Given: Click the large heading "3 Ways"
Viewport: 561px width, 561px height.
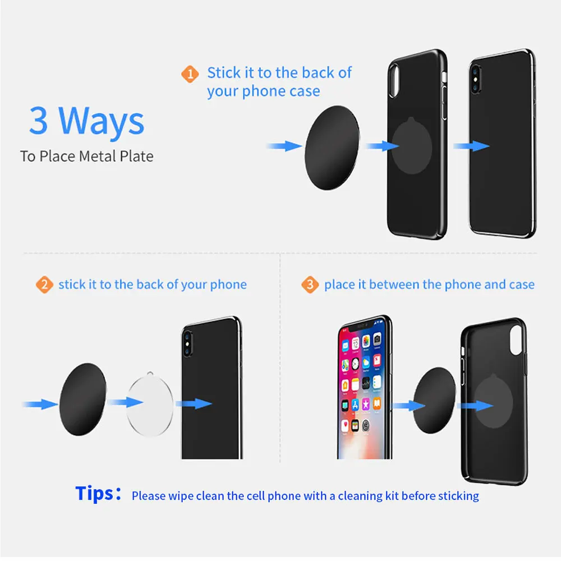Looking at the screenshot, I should coord(87,121).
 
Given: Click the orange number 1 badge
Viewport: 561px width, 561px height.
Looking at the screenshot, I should coord(190,74).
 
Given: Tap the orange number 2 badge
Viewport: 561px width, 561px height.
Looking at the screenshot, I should coord(44,285).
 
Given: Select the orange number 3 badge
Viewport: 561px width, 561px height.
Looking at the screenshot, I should coord(309,285).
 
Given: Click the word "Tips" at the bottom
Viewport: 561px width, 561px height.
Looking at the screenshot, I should coord(94,494).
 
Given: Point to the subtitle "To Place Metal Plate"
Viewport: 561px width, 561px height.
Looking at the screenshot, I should coord(87,156).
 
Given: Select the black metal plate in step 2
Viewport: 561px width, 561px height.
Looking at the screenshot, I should coord(82,399).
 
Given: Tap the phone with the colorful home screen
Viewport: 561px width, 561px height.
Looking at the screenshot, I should coord(363,387).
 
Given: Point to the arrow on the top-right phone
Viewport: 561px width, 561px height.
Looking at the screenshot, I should coord(471,146).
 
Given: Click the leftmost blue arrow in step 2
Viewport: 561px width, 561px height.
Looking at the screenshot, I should coord(39,404).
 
